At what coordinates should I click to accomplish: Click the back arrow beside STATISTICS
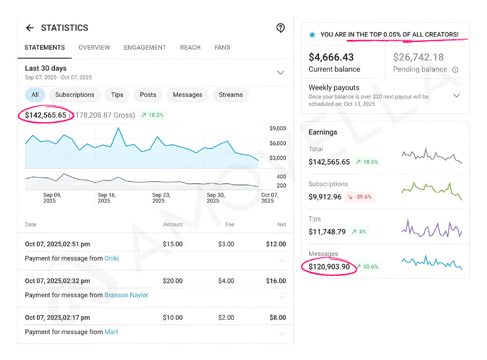30,28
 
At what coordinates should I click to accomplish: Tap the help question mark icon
280,28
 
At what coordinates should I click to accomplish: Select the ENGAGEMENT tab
145,47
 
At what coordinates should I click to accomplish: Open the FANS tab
222,47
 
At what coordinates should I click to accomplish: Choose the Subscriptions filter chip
74,95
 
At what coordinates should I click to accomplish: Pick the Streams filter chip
230,95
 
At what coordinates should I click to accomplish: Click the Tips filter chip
117,95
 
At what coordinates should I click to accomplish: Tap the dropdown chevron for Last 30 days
280,73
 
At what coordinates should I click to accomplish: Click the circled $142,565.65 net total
45,115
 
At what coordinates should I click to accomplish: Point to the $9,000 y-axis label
277,129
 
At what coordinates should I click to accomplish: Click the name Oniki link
111,258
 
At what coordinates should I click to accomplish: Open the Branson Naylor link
126,295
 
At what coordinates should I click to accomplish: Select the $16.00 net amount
276,281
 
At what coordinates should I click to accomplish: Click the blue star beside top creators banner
312,35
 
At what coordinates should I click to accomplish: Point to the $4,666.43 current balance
331,57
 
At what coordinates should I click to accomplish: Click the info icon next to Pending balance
456,70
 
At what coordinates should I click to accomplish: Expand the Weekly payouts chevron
456,95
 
